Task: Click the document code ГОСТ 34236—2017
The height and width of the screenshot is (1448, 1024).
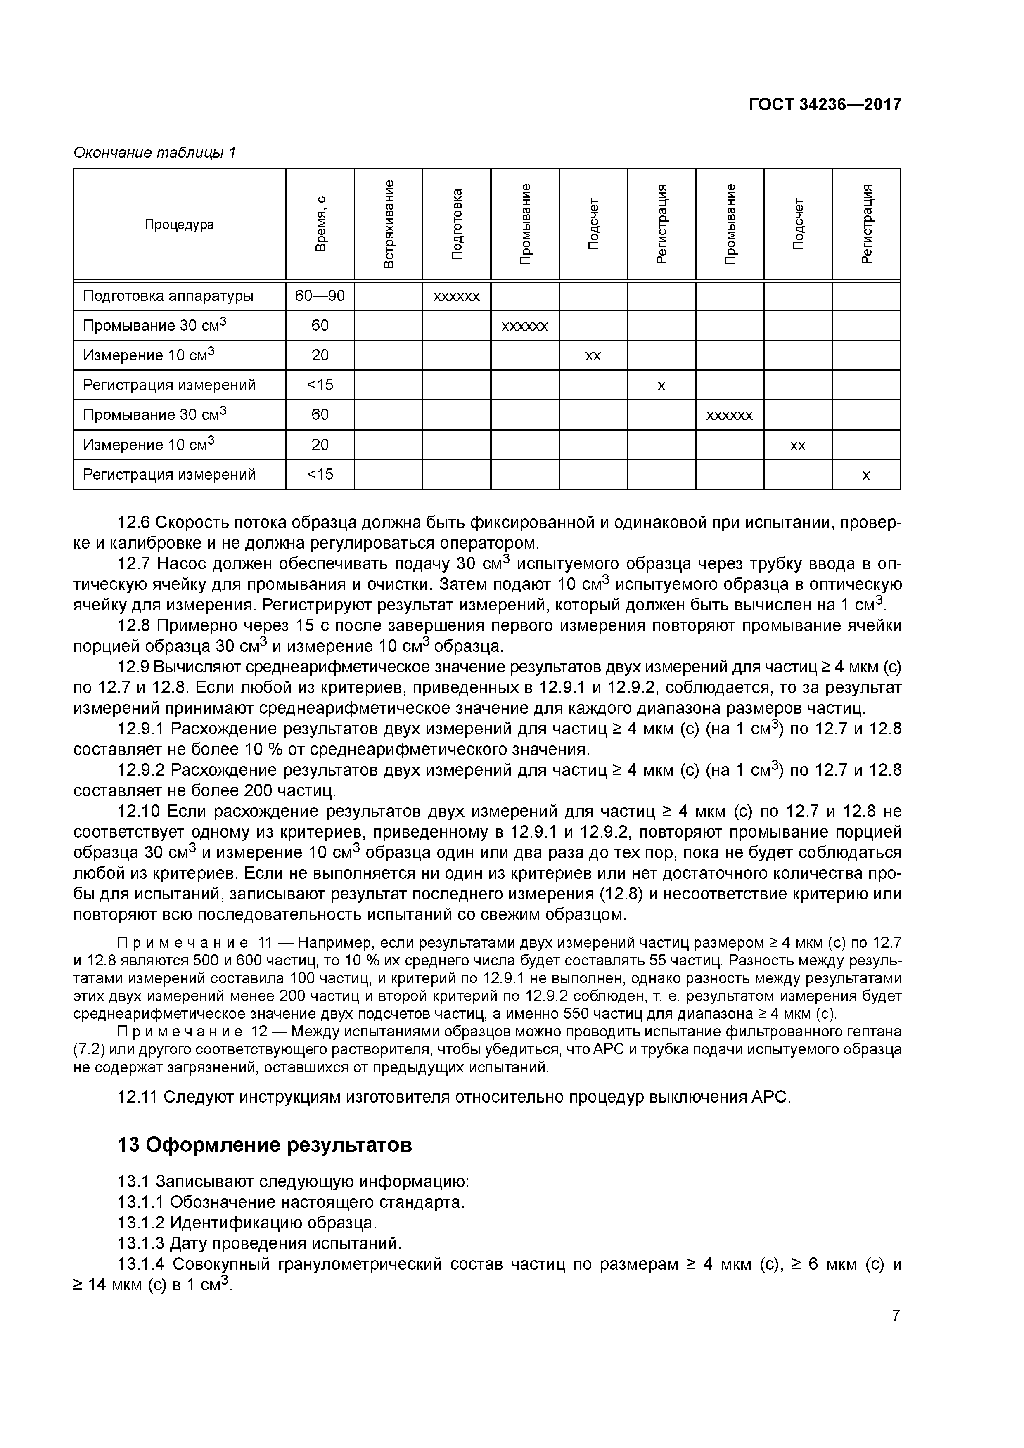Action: point(825,105)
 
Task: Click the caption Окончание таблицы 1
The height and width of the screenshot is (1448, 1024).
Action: point(154,153)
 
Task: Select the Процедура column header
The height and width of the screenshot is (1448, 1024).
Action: point(179,225)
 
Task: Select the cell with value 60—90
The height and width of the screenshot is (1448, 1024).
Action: point(320,296)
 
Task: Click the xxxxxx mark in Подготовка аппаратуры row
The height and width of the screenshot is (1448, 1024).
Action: point(457,296)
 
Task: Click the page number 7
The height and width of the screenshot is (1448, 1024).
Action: point(895,1316)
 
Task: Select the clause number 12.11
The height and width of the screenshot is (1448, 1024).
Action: point(137,1098)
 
